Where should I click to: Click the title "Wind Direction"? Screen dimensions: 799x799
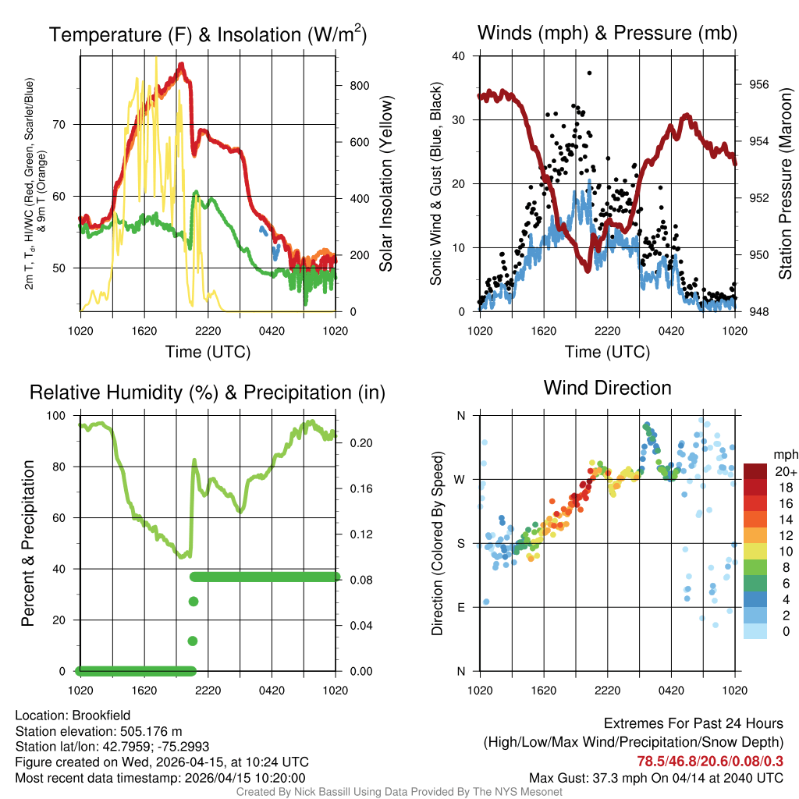coord(607,388)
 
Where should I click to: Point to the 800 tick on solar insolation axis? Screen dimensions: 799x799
coord(360,85)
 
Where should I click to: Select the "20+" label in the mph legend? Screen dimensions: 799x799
coord(784,471)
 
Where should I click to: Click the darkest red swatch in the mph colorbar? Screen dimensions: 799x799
coord(755,471)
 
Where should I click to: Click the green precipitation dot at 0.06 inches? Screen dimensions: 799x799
coord(193,602)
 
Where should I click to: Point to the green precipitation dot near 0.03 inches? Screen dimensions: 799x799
coord(193,641)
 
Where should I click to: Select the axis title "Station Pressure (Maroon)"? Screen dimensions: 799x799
coord(786,183)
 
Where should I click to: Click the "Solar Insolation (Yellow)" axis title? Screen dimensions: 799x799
coord(386,183)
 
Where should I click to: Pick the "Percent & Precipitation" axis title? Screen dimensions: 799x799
coord(28,543)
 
